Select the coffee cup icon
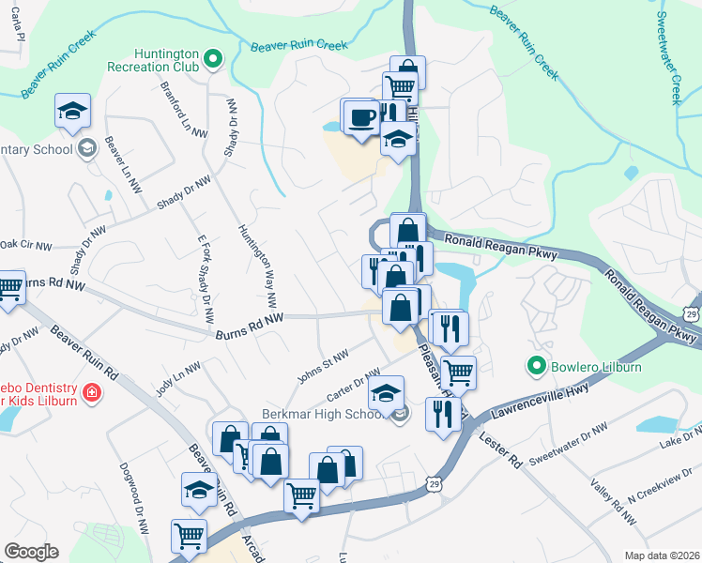pos(362,118)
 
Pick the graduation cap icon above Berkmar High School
pos(386,393)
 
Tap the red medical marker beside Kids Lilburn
pos(90,392)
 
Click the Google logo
pos(31,552)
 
